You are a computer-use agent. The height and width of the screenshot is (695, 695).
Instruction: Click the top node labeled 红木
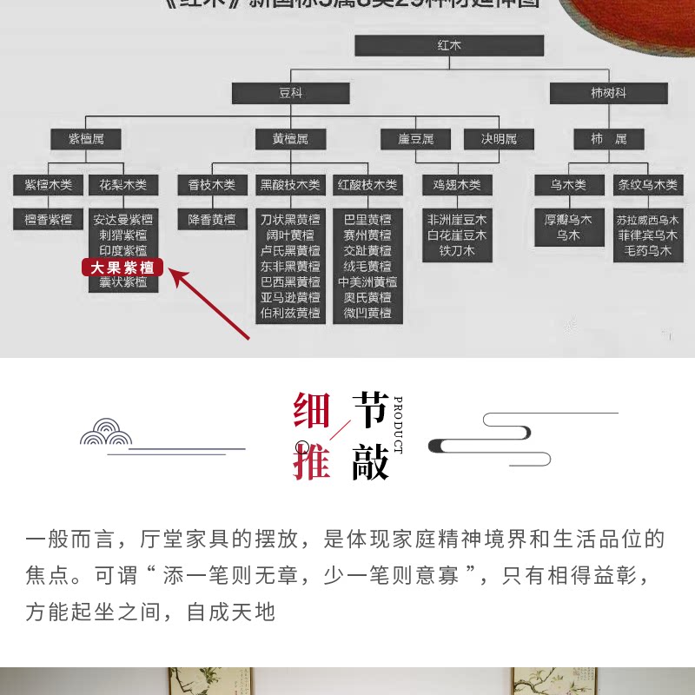coord(448,45)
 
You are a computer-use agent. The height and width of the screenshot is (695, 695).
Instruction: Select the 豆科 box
coord(290,93)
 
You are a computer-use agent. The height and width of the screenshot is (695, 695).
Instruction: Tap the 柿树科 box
coord(608,93)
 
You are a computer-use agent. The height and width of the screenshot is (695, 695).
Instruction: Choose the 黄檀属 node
coord(290,138)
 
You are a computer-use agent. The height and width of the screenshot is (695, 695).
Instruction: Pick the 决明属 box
coord(499,138)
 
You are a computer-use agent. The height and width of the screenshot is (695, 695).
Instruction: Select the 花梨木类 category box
coord(123,184)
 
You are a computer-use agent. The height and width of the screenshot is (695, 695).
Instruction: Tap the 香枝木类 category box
coord(212,184)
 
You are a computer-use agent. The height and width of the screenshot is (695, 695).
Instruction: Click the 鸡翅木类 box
coord(457,184)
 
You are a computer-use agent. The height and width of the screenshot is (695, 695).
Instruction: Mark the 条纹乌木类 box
coord(648,184)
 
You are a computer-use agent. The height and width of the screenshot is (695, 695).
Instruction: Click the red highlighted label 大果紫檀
coord(122,267)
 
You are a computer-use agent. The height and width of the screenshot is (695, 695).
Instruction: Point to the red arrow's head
coord(173,273)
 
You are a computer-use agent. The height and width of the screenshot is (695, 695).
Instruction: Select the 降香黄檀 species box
coord(212,220)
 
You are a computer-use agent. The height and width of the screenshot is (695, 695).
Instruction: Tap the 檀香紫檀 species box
coord(49,220)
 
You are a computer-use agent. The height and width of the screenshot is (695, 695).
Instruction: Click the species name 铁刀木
coord(457,251)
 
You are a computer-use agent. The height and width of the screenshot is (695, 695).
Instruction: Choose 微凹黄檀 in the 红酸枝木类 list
coord(367,313)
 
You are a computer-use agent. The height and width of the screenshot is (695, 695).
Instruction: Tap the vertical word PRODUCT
coord(398,425)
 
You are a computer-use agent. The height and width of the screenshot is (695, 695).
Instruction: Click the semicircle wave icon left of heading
coord(106,432)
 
